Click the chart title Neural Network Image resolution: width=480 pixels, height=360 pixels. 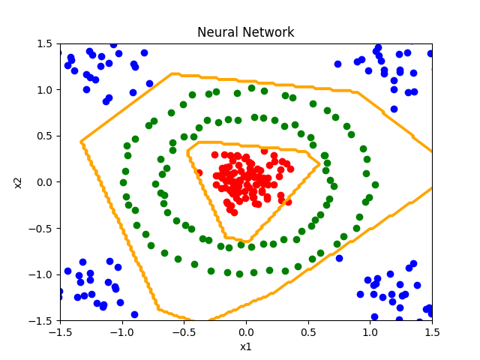246,32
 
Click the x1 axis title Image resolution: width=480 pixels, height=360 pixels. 246,347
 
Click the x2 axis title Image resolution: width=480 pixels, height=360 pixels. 18,182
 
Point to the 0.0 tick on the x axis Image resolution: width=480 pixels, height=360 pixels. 246,331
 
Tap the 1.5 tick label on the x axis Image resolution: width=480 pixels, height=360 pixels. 432,331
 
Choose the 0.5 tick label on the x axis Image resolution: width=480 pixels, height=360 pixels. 308,331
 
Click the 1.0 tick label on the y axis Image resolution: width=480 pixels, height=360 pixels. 43,90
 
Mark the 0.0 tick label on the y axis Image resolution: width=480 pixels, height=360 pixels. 43,182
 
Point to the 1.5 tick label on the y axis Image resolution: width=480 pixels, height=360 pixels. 43,43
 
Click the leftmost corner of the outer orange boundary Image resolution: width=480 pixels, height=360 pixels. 80,141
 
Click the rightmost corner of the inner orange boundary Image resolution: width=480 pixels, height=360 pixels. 320,163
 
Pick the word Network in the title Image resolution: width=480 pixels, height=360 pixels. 268,32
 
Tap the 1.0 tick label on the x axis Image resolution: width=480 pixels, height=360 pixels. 370,331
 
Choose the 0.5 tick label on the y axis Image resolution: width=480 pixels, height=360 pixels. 43,136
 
